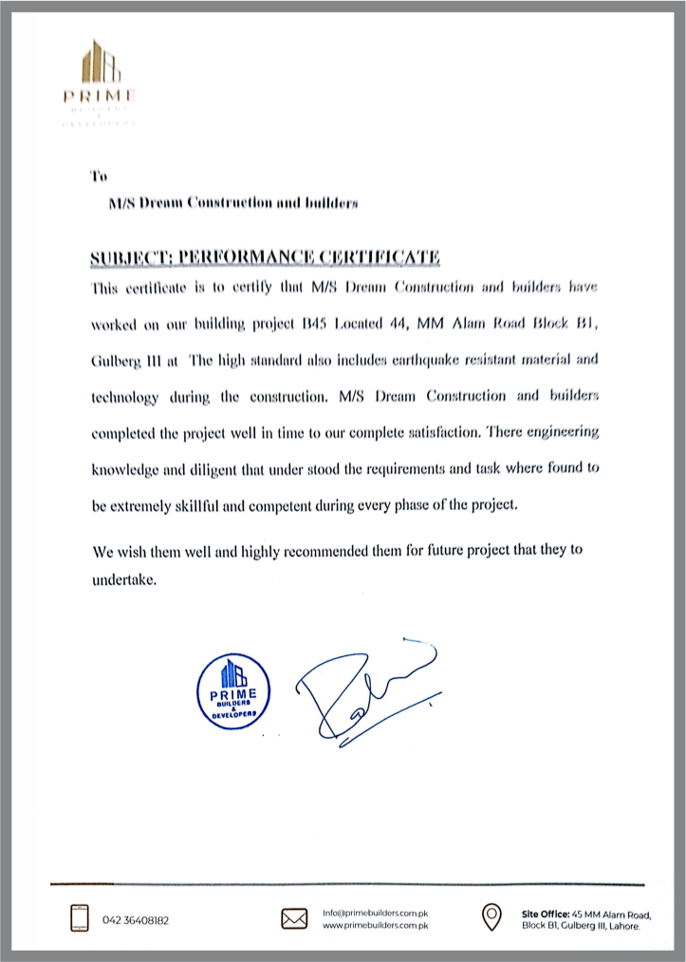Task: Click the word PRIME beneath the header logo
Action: pyautogui.click(x=100, y=96)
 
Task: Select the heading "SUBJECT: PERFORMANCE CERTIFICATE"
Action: pyautogui.click(x=266, y=257)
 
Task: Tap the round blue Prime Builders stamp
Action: pyautogui.click(x=232, y=689)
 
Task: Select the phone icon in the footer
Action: pyautogui.click(x=80, y=919)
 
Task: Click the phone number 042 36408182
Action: pyautogui.click(x=143, y=920)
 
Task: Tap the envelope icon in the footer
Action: pyautogui.click(x=294, y=919)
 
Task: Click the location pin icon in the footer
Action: pyautogui.click(x=491, y=916)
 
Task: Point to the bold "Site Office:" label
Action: pyautogui.click(x=545, y=914)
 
